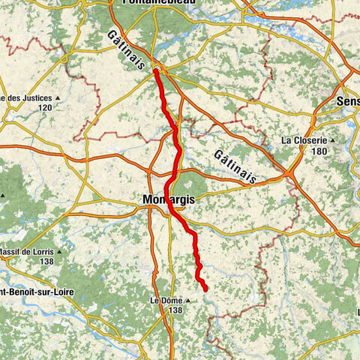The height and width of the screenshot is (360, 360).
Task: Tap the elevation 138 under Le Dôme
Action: tap(175, 310)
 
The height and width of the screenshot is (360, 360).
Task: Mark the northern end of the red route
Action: tap(156, 70)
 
